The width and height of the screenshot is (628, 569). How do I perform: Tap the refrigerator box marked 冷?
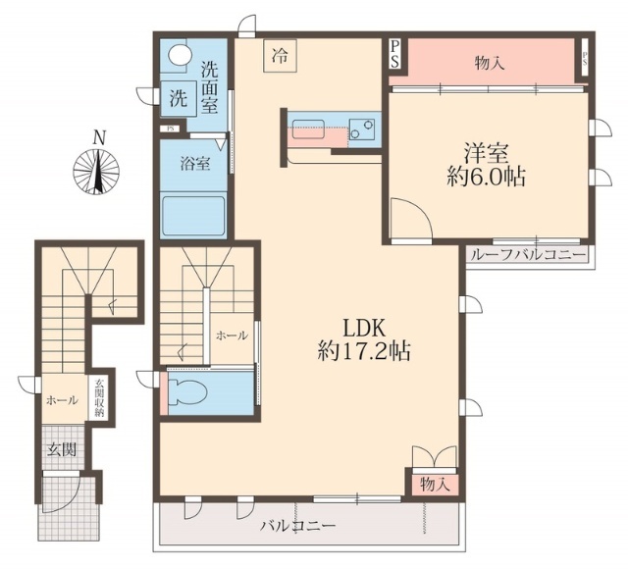tap(280, 56)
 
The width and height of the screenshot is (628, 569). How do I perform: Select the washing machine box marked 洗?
tap(179, 98)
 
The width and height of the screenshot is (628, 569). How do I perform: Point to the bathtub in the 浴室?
tap(192, 216)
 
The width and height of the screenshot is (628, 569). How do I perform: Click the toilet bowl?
tap(187, 392)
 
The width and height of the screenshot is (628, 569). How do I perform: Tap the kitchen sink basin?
tap(308, 129)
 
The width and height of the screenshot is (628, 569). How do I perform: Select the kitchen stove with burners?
tap(362, 129)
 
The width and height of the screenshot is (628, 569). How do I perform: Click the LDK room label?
tap(363, 329)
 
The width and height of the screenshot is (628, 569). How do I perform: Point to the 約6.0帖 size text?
tap(486, 177)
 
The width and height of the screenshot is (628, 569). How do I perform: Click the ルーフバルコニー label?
tap(528, 254)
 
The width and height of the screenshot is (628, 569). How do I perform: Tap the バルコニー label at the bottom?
tap(298, 526)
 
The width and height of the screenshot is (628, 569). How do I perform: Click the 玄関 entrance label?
tap(62, 449)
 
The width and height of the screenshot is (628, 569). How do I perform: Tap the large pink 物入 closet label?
tap(490, 63)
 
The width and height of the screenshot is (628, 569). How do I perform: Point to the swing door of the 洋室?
tap(411, 219)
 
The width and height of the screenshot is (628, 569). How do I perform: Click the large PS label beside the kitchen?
tap(394, 54)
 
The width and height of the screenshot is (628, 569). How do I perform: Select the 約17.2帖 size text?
tap(364, 351)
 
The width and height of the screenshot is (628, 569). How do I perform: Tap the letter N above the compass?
tap(99, 137)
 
